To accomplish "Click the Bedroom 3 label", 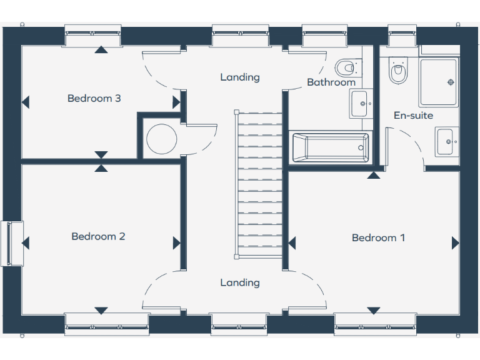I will pyautogui.click(x=94, y=98).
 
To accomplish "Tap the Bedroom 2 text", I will pyautogui.click(x=98, y=236).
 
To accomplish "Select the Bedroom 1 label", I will pyautogui.click(x=378, y=237).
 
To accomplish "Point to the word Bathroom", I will pyautogui.click(x=331, y=82).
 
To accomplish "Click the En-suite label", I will pyautogui.click(x=413, y=116).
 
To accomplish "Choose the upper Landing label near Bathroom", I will pyautogui.click(x=239, y=77).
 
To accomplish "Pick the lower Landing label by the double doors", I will pyautogui.click(x=239, y=282).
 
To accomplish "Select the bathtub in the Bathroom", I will pyautogui.click(x=329, y=148).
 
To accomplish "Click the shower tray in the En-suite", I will pyautogui.click(x=439, y=82).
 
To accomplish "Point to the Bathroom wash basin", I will pyautogui.click(x=359, y=104).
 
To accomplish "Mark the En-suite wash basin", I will pyautogui.click(x=446, y=141).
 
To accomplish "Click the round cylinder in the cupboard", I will pyautogui.click(x=161, y=138).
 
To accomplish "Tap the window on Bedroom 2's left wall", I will pyautogui.click(x=11, y=243).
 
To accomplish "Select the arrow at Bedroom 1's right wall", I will pyautogui.click(x=455, y=243).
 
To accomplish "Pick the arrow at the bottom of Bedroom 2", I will pyautogui.click(x=101, y=311).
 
